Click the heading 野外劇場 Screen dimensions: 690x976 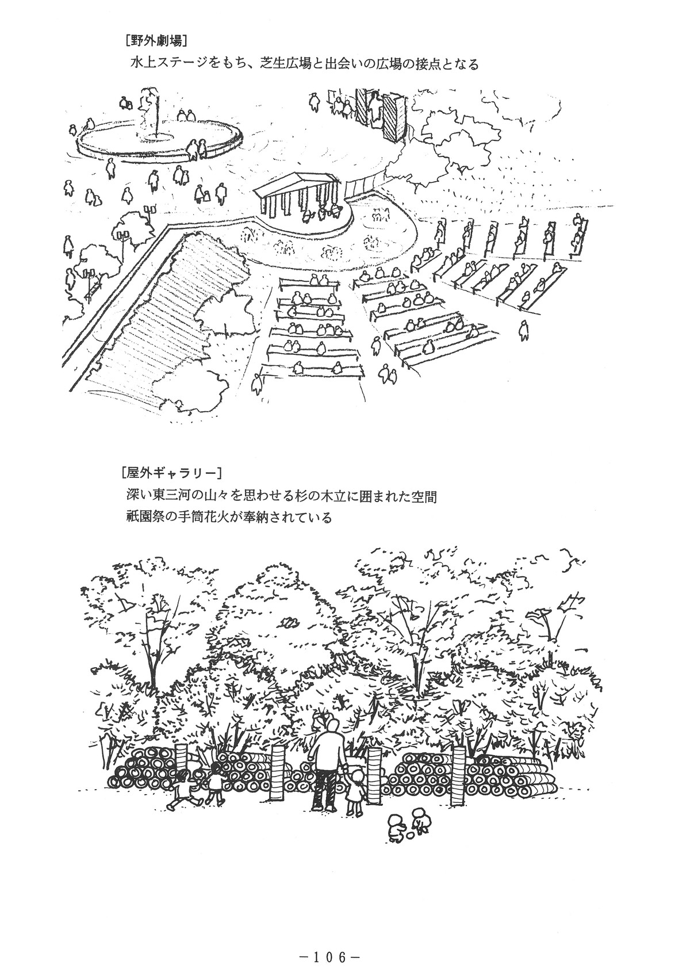pos(155,41)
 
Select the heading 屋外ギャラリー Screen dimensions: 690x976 pos(172,472)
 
